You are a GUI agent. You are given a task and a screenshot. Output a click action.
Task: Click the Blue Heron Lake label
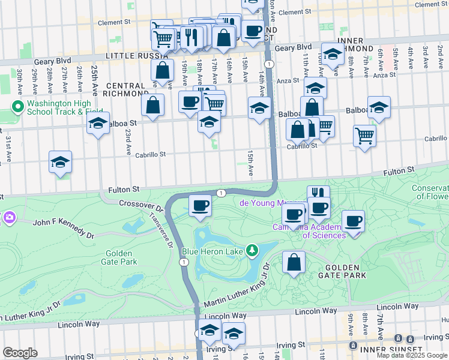coord(212,250)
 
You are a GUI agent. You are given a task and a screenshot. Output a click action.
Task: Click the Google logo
coord(20,353)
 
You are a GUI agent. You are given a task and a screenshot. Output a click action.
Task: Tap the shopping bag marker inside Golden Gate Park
coord(294,262)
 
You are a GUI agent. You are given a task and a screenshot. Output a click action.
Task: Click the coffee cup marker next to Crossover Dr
coord(200,205)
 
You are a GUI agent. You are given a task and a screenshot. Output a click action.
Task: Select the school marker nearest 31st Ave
coord(60,162)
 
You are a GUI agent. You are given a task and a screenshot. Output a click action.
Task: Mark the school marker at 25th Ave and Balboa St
coord(98,124)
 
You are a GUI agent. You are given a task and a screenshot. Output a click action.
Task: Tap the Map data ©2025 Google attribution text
coord(412,355)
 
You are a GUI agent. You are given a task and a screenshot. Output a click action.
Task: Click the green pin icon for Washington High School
coord(18,107)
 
